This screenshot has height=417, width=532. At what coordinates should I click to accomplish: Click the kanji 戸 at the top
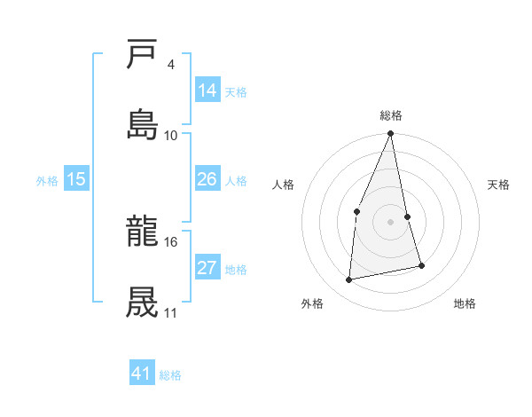[x=143, y=55]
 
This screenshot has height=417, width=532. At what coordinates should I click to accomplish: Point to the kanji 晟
[x=143, y=301]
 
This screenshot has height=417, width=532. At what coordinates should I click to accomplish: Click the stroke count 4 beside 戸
[x=170, y=64]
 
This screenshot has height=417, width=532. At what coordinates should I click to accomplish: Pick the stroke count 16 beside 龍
[x=171, y=241]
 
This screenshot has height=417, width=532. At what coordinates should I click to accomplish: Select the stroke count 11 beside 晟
[x=170, y=312]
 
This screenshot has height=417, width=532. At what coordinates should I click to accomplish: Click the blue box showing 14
[x=207, y=90]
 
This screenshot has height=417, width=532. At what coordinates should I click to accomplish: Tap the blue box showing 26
[x=207, y=179]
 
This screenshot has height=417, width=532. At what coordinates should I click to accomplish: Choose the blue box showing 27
[x=207, y=268]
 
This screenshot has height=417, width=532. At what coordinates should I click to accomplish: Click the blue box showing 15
[x=76, y=179]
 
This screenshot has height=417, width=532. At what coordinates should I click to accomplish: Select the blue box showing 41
[x=142, y=374]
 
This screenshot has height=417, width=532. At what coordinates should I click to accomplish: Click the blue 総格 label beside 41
[x=170, y=375]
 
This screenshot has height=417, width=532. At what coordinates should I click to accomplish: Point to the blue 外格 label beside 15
[x=47, y=180]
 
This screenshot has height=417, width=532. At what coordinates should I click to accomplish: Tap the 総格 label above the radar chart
[x=391, y=115]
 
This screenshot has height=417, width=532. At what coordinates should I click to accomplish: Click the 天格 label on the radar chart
[x=498, y=185]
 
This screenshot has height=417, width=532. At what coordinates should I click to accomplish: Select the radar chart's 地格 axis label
[x=465, y=303]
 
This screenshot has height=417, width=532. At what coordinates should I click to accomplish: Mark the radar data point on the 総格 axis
[x=391, y=134]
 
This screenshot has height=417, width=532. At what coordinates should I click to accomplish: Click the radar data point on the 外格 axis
[x=349, y=279]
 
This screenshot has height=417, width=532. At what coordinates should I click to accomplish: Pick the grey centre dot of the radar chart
[x=391, y=221]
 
